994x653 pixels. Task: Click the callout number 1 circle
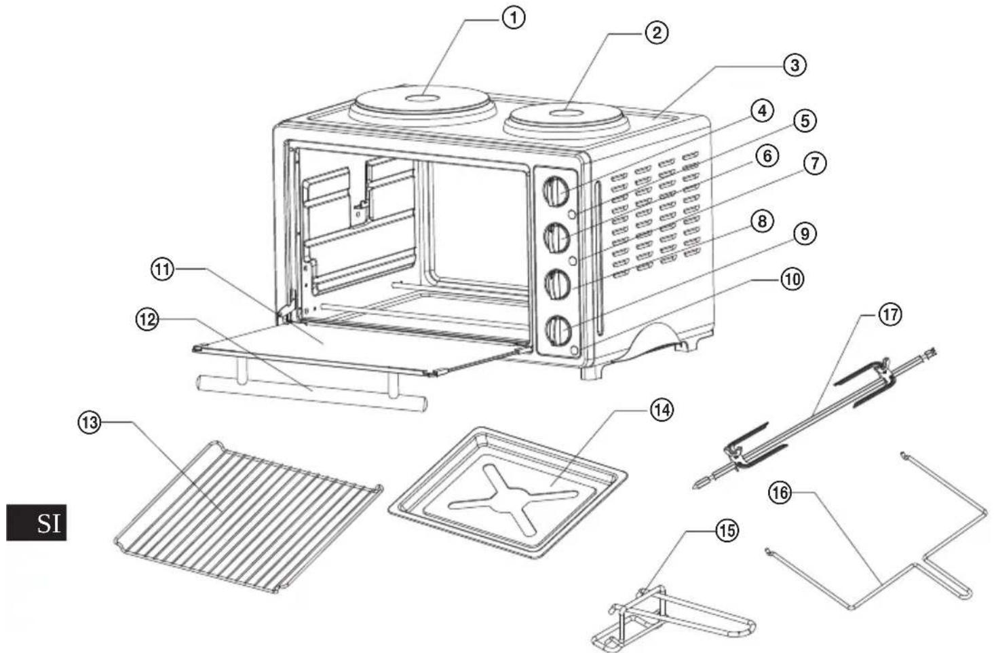(x=513, y=19)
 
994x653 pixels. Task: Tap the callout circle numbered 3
(x=795, y=65)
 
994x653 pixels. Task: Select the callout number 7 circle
(x=814, y=164)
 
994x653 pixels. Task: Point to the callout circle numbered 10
(x=792, y=280)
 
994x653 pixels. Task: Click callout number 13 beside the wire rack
(x=90, y=423)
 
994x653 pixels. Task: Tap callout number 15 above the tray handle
(x=727, y=531)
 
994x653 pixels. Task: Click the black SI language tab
(x=37, y=523)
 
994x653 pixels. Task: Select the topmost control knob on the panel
(x=556, y=191)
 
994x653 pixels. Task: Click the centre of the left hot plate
(x=422, y=98)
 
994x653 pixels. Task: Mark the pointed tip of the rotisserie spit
(x=694, y=487)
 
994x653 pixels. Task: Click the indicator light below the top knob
(x=572, y=214)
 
